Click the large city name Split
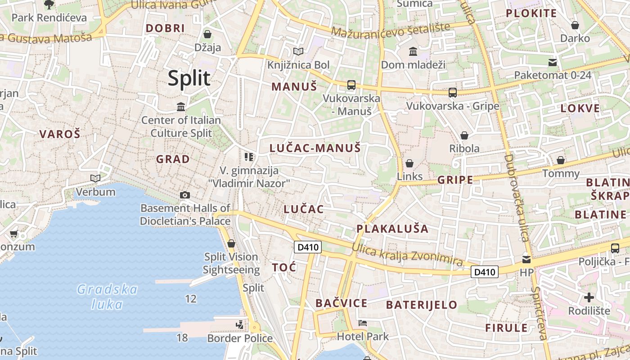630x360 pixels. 189,78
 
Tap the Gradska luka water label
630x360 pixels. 107,297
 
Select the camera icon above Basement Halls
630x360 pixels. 184,195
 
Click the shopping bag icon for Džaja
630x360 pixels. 207,34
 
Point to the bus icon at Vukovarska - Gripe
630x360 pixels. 453,93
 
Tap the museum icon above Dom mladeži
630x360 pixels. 413,51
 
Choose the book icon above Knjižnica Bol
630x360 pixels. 298,52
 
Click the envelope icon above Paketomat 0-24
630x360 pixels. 553,62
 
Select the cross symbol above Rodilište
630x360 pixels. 589,297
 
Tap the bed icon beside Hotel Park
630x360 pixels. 363,323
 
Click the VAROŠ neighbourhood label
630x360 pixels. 60,134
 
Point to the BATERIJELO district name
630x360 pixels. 422,305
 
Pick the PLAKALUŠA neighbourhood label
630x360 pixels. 392,229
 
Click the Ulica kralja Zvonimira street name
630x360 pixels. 407,255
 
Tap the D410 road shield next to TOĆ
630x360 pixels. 308,247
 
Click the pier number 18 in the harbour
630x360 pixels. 182,337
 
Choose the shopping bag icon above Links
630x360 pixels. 409,163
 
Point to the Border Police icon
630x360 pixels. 240,324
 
